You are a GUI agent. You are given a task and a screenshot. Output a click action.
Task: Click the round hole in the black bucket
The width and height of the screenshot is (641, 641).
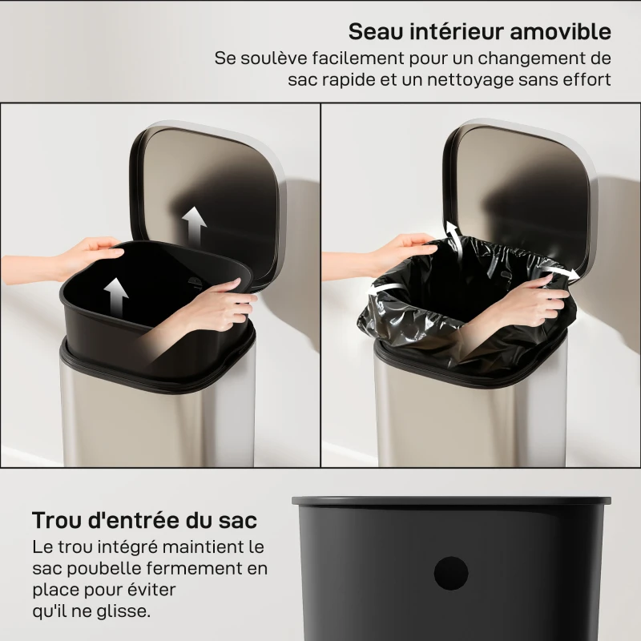coord(450,574)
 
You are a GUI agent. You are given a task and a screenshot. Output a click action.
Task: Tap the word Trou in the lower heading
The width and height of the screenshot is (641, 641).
coord(60,520)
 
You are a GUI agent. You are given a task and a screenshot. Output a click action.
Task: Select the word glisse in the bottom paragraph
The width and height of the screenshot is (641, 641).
coord(122,611)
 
